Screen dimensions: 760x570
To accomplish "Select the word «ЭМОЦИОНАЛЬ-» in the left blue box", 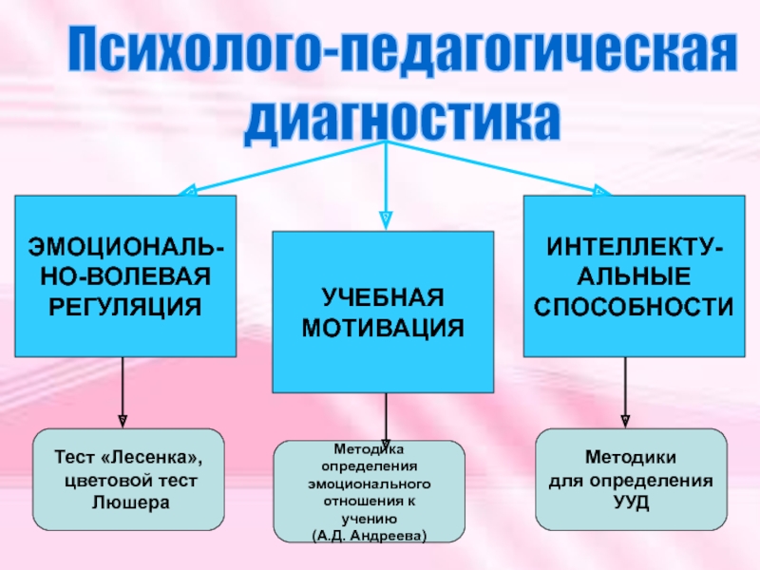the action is point(124,249).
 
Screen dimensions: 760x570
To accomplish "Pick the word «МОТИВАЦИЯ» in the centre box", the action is point(384,328).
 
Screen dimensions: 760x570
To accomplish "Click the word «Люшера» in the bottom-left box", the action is point(128,502).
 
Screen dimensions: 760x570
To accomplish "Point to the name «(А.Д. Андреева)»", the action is point(370,536).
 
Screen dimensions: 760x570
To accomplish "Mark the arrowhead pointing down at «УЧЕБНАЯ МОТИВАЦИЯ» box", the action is point(386,220).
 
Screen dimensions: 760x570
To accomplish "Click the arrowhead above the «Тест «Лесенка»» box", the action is point(123,419).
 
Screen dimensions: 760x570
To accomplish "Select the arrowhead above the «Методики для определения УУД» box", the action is point(625,419).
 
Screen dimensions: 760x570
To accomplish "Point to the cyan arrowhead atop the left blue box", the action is point(187,190).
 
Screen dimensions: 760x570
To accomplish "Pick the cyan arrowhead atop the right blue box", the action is point(602,190).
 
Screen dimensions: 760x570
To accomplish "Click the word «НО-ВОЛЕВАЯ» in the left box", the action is point(124,277).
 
